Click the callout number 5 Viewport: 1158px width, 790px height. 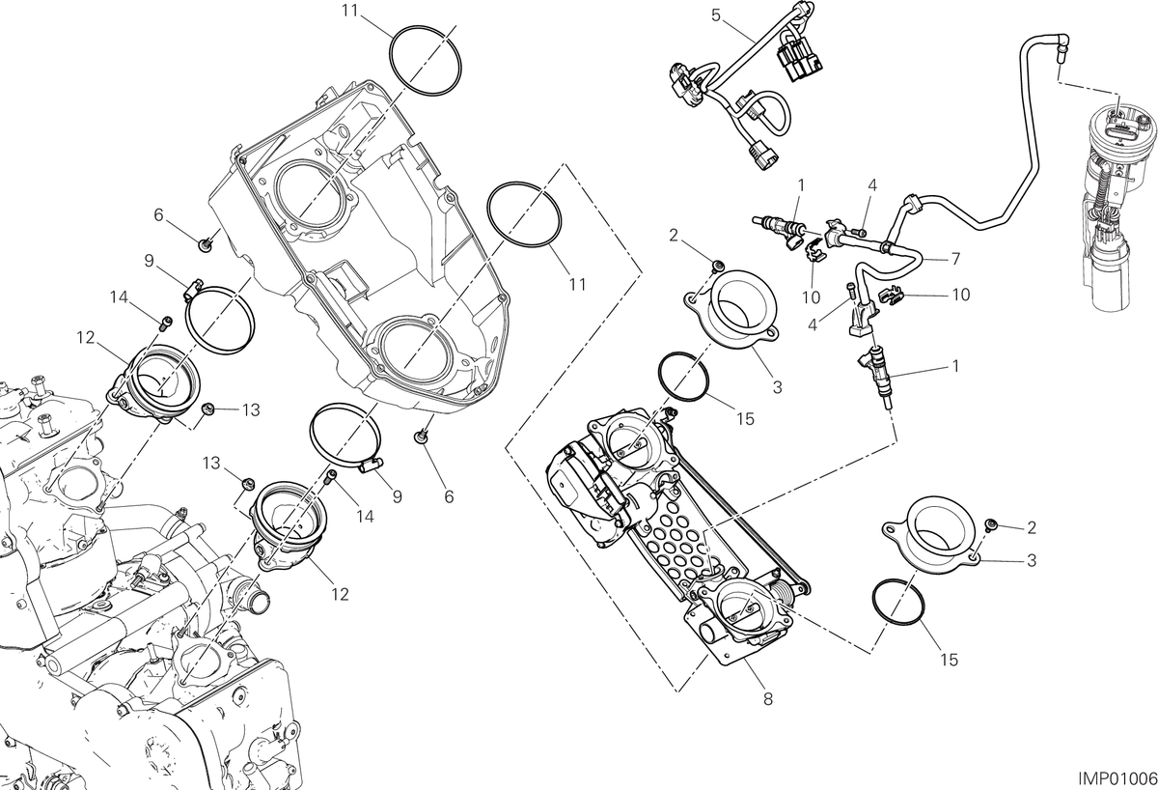coord(715,15)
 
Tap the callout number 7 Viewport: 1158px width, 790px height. coord(955,259)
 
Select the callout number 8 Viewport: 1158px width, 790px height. coord(768,699)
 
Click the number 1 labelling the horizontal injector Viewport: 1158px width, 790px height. coord(801,185)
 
